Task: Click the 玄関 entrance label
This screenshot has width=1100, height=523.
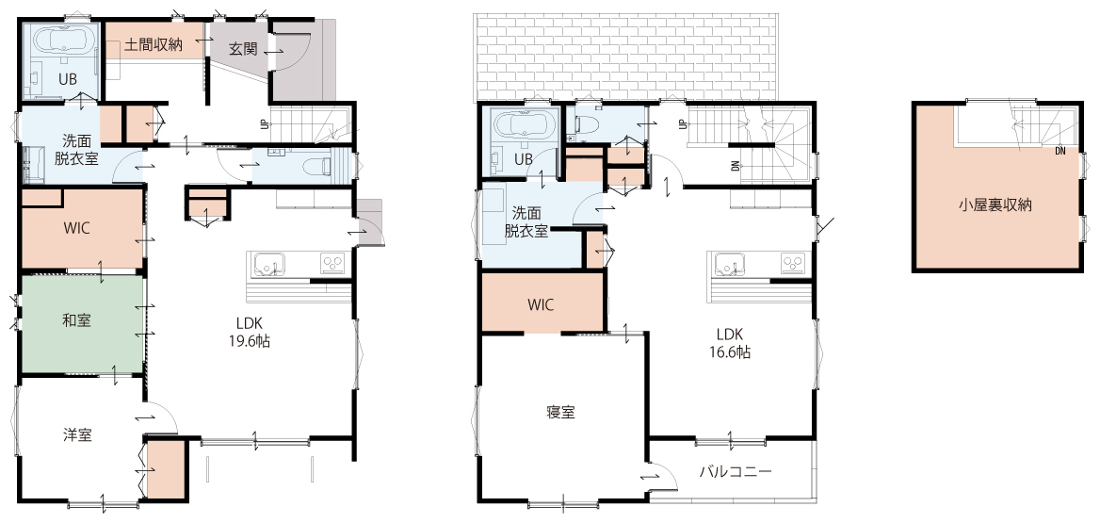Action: coord(243,50)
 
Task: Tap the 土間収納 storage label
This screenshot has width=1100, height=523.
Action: coord(154,45)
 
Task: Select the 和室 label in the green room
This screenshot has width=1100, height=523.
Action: coord(76,320)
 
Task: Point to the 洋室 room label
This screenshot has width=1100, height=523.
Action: coord(77,434)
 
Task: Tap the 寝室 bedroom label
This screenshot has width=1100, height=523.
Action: coord(560,412)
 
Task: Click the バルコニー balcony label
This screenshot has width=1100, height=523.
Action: coord(736,471)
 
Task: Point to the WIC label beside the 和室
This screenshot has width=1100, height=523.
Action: coord(76,229)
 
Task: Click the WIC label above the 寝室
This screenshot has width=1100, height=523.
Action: coord(541,304)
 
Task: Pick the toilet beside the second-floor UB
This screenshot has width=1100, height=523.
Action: coord(584,124)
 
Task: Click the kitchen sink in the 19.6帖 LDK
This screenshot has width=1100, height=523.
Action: coord(268,264)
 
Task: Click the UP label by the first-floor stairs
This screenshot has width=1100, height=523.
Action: coord(265,124)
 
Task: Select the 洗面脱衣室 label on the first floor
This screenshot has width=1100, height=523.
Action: coord(76,150)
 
